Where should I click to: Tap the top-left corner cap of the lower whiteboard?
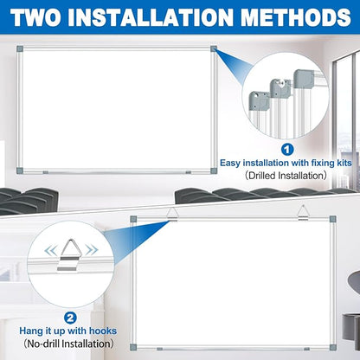tap(133, 220)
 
